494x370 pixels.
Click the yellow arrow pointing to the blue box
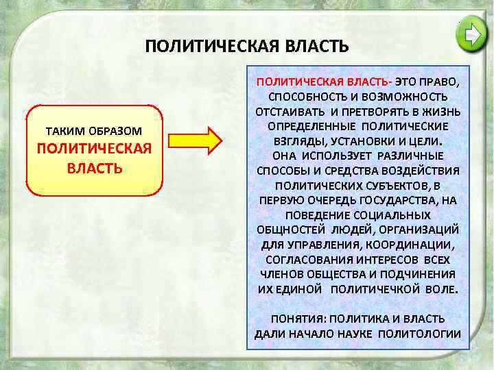(x=196, y=140)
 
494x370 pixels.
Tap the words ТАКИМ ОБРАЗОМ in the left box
(x=94, y=130)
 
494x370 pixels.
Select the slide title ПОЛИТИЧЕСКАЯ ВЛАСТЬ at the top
(x=248, y=47)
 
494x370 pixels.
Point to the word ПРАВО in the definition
(x=443, y=81)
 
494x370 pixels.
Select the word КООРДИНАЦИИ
(x=415, y=245)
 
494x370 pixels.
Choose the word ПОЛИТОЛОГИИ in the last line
(x=424, y=334)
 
